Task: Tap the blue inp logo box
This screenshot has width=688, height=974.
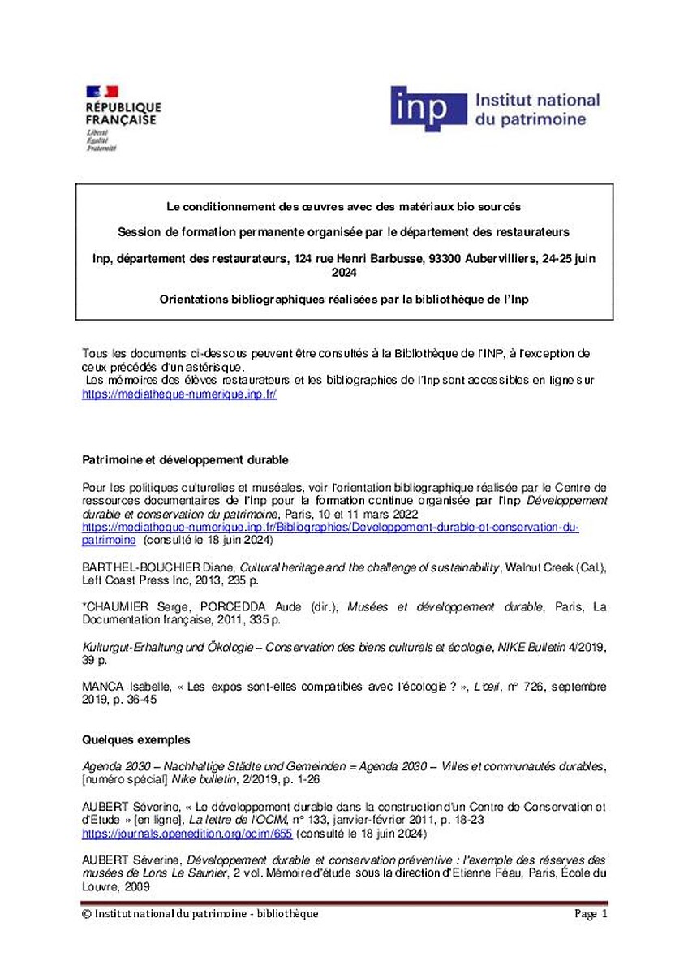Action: coord(428,108)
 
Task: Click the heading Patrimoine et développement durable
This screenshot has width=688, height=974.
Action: coord(186,460)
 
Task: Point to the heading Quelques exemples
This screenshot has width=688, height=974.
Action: coord(136,740)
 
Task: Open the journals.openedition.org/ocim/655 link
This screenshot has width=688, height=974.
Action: coord(187,834)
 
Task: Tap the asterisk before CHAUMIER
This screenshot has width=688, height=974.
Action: coord(85,606)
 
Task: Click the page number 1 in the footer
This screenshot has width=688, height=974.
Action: coord(604,914)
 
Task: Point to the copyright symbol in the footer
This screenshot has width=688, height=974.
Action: coord(87,914)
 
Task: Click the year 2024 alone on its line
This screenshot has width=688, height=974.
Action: coord(344,273)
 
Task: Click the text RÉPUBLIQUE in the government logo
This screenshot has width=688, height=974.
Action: coord(123,107)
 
